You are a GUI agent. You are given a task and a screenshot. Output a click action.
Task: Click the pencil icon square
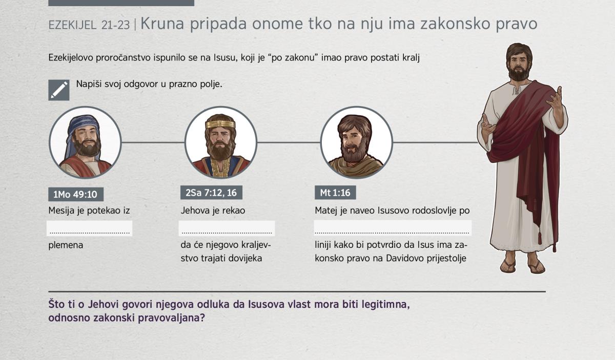[x=59, y=90]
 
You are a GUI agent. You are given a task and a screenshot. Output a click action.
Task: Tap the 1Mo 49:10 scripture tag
[x=76, y=194]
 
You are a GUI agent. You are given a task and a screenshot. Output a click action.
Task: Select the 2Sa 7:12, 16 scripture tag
[x=211, y=193]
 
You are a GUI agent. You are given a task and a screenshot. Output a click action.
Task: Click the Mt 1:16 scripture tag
[x=335, y=193]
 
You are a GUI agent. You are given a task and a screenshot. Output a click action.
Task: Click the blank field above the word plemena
[x=90, y=228]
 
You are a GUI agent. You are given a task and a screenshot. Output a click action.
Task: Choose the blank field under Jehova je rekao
[x=227, y=228]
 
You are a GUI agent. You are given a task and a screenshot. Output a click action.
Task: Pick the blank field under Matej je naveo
[x=393, y=228]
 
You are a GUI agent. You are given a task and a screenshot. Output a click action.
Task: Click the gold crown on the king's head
[x=220, y=124]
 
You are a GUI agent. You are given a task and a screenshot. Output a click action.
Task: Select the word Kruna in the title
[x=162, y=24]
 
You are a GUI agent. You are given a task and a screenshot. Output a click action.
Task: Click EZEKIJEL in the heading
[x=72, y=25]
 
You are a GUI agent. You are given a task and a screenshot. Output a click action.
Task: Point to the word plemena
[x=66, y=245]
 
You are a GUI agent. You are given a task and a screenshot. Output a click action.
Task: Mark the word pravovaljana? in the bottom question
[x=171, y=318]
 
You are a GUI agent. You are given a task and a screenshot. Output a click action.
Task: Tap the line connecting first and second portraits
[x=153, y=142]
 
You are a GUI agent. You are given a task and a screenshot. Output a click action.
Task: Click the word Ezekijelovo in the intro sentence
[x=71, y=58]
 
